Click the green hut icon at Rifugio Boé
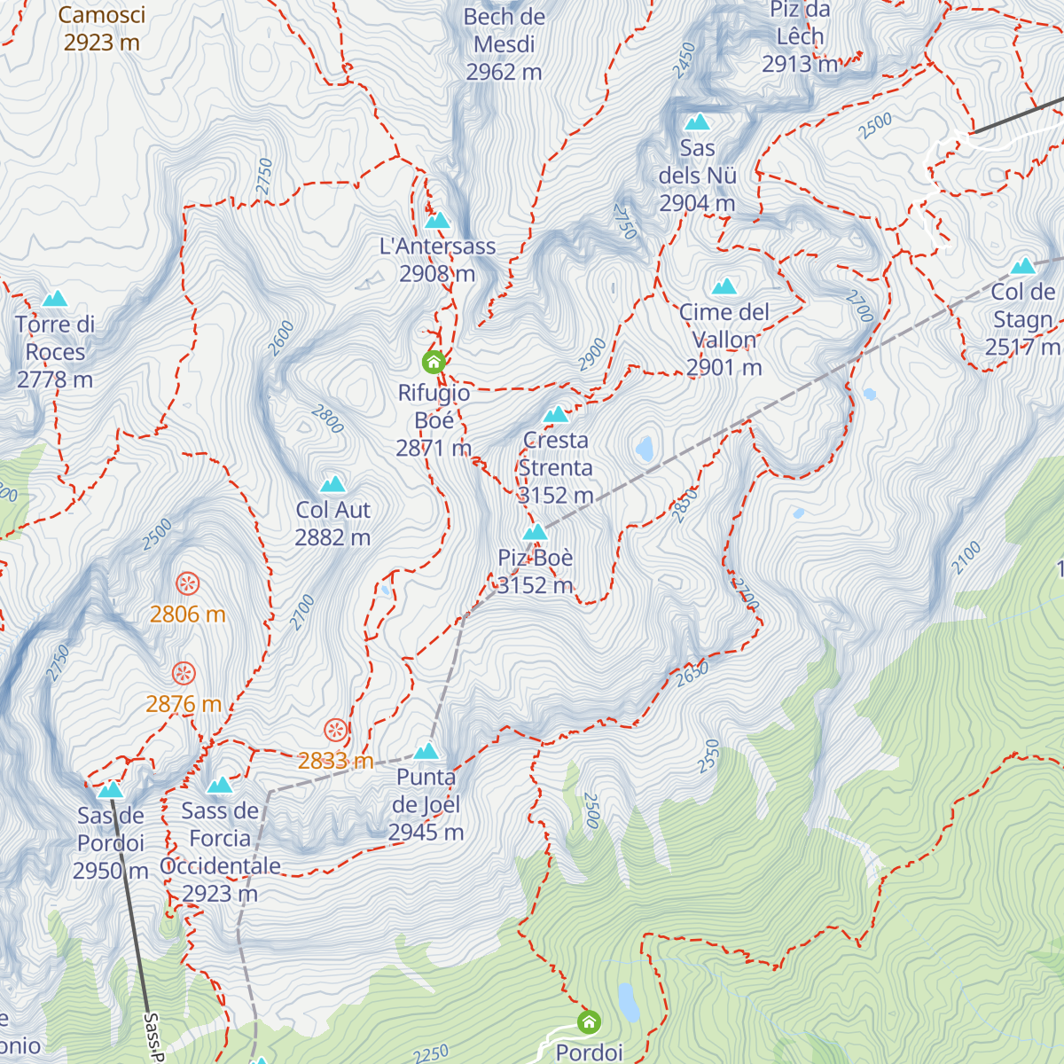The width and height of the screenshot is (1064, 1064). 433,362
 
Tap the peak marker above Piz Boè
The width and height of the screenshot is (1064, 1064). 535,532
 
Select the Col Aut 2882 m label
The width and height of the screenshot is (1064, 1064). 332,523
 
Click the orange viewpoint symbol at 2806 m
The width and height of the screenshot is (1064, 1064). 187,583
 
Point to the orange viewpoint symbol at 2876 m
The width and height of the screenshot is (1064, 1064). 184,673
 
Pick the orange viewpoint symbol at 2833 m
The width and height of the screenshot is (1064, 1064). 335,730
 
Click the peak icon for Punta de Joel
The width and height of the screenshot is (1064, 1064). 426,751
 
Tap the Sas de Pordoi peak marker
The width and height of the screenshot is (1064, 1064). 110,789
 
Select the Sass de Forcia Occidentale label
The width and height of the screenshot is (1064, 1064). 220,851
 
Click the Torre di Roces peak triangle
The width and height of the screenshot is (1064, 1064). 55,299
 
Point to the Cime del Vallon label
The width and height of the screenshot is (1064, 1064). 724,339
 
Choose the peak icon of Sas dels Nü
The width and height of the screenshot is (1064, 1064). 698,121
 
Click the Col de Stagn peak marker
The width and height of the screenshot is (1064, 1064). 1023,266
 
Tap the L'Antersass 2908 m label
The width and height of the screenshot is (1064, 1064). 437,259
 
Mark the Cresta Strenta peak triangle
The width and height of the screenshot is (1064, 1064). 556,414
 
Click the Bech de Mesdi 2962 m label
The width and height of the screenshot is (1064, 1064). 504,44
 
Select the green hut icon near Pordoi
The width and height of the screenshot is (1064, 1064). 589,1022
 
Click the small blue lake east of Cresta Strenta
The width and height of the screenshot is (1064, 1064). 645,448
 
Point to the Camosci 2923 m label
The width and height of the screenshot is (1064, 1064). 101,28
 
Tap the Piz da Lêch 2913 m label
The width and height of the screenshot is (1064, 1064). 800,37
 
